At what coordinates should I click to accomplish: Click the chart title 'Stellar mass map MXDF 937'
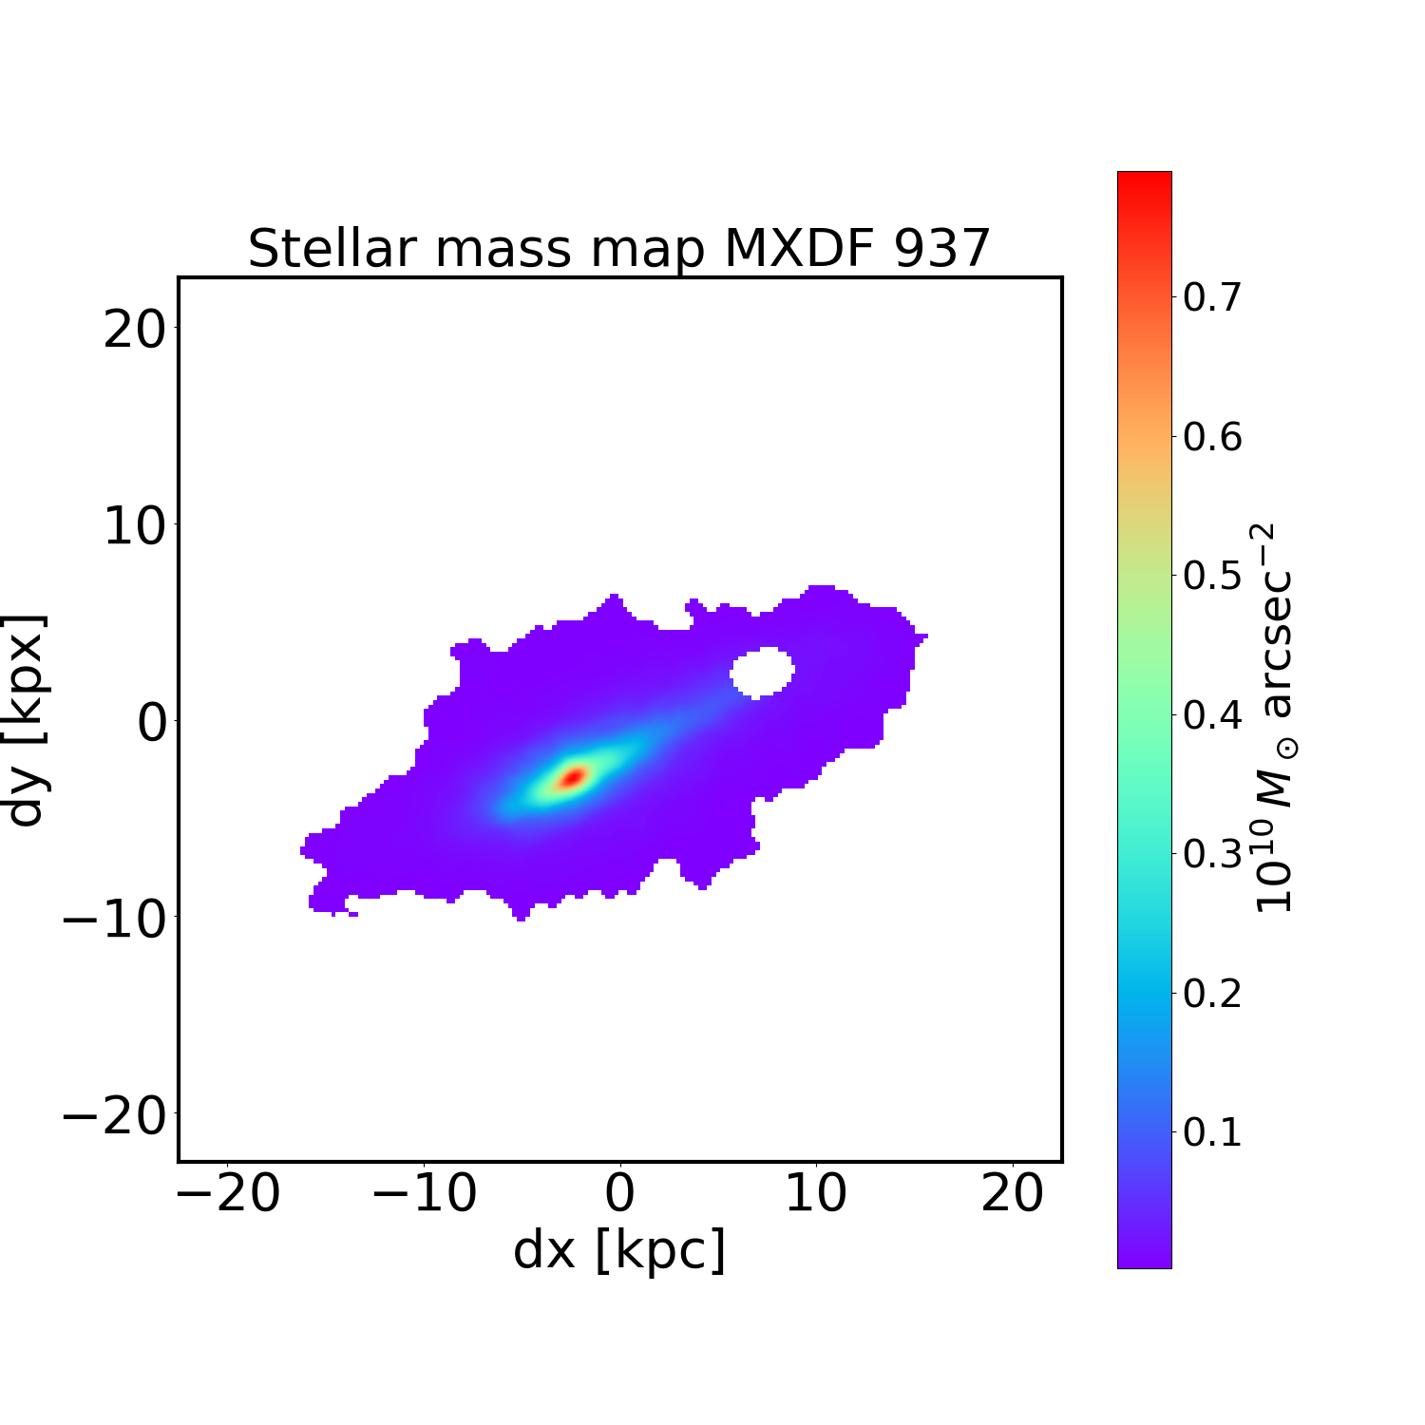point(619,249)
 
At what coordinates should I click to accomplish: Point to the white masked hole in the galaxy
point(762,673)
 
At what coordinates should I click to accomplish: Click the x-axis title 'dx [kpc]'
point(619,1250)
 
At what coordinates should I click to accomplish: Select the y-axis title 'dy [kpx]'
point(27,720)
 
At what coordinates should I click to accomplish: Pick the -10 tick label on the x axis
point(425,1193)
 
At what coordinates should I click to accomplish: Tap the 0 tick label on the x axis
point(619,1193)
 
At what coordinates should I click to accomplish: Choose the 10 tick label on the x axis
point(816,1193)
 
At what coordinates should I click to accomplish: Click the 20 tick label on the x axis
point(1013,1193)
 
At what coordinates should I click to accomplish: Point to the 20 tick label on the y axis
point(134,331)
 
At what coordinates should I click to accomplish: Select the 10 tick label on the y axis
point(134,526)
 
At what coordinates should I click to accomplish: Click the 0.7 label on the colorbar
point(1212,298)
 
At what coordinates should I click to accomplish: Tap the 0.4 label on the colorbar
point(1212,714)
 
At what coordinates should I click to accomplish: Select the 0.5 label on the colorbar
point(1212,576)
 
